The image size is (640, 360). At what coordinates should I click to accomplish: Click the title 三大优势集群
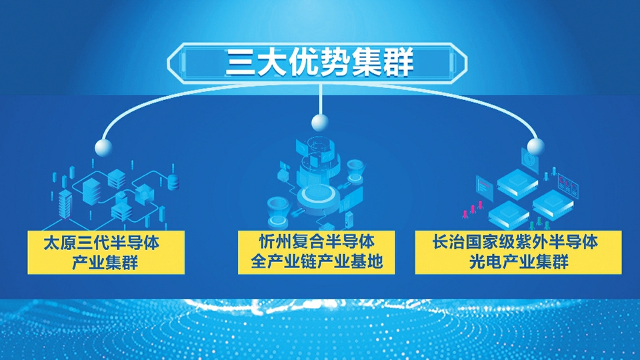319,62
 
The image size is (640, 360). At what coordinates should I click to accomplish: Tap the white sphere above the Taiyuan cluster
103,147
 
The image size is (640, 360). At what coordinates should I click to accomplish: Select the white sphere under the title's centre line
319,123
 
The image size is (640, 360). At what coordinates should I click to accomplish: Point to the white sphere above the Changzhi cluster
535,147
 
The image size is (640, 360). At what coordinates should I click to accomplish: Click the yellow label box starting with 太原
106,252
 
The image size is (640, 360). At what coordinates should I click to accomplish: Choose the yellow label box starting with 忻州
316,252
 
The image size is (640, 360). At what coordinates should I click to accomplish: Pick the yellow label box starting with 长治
519,252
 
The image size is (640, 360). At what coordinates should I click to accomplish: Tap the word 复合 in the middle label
308,241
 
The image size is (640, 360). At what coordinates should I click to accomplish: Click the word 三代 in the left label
93,243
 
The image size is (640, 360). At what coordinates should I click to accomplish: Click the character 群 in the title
399,62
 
